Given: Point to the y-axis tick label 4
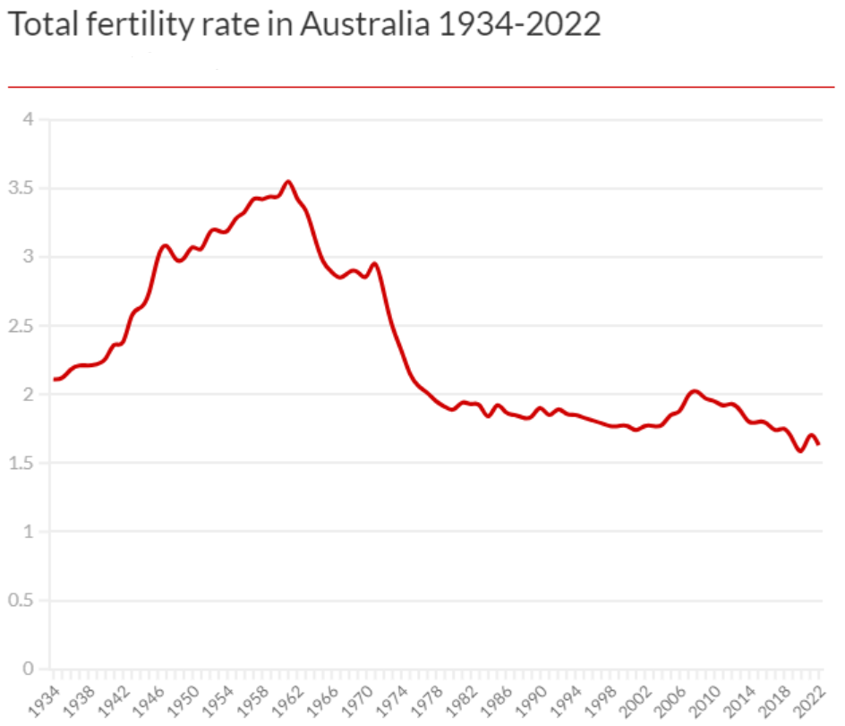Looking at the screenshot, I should (27, 120).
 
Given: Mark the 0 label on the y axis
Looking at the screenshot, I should (27, 670).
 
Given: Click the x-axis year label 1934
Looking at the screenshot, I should (40, 697).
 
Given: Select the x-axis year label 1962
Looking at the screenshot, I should (285, 697).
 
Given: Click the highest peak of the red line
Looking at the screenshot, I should (287, 182).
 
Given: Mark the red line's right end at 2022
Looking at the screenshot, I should (818, 443).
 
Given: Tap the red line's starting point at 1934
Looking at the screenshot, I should (55, 380).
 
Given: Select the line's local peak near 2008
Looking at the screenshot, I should (694, 390).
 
